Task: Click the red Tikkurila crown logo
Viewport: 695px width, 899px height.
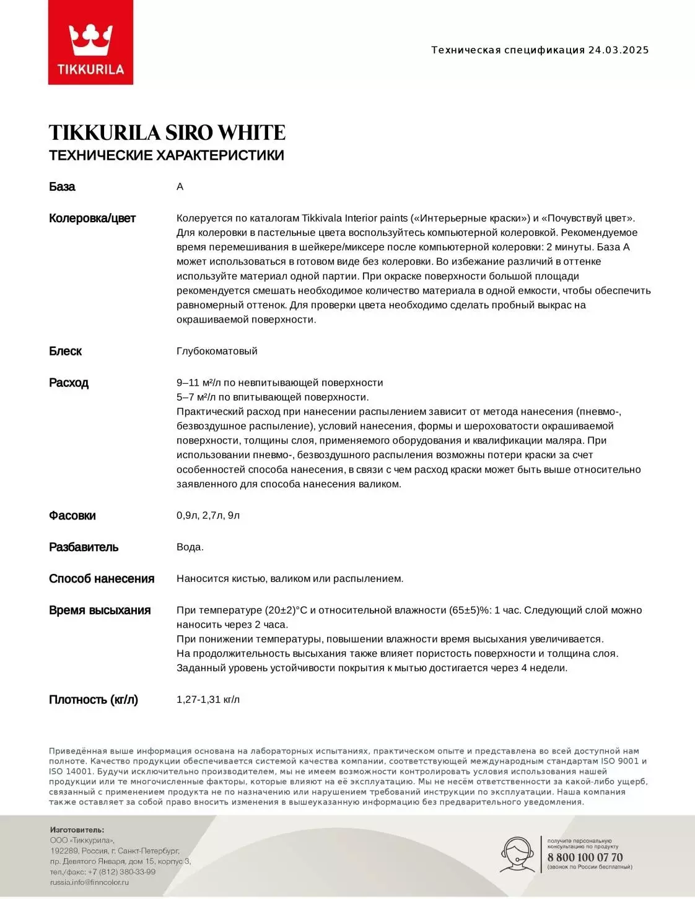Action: [90, 43]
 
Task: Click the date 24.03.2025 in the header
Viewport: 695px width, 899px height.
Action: [618, 50]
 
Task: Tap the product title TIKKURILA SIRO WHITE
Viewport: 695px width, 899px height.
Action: [167, 132]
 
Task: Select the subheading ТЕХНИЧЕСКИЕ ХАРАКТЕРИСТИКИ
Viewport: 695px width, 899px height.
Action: [166, 155]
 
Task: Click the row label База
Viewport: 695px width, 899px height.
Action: [62, 187]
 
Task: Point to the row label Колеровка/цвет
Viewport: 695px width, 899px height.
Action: [92, 219]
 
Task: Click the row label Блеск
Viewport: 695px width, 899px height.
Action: [65, 352]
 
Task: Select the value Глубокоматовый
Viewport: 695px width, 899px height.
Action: [217, 351]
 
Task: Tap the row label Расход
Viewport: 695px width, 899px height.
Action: [69, 383]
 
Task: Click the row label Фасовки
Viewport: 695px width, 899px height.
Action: [72, 516]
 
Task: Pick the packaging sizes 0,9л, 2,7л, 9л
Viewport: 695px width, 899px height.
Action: [208, 516]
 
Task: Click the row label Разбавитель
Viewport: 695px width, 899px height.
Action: [84, 547]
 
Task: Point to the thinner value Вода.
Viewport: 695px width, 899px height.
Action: [190, 547]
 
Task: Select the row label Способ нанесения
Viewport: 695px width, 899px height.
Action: [102, 579]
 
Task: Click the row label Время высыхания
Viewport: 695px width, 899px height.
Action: [100, 610]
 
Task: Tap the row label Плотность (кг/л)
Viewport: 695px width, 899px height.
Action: [94, 700]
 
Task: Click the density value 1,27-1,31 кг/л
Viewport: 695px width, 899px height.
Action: [208, 700]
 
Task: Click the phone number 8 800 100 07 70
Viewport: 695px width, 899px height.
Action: [585, 858]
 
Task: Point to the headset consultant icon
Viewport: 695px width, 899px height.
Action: [518, 855]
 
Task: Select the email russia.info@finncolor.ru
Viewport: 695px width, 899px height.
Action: [89, 882]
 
